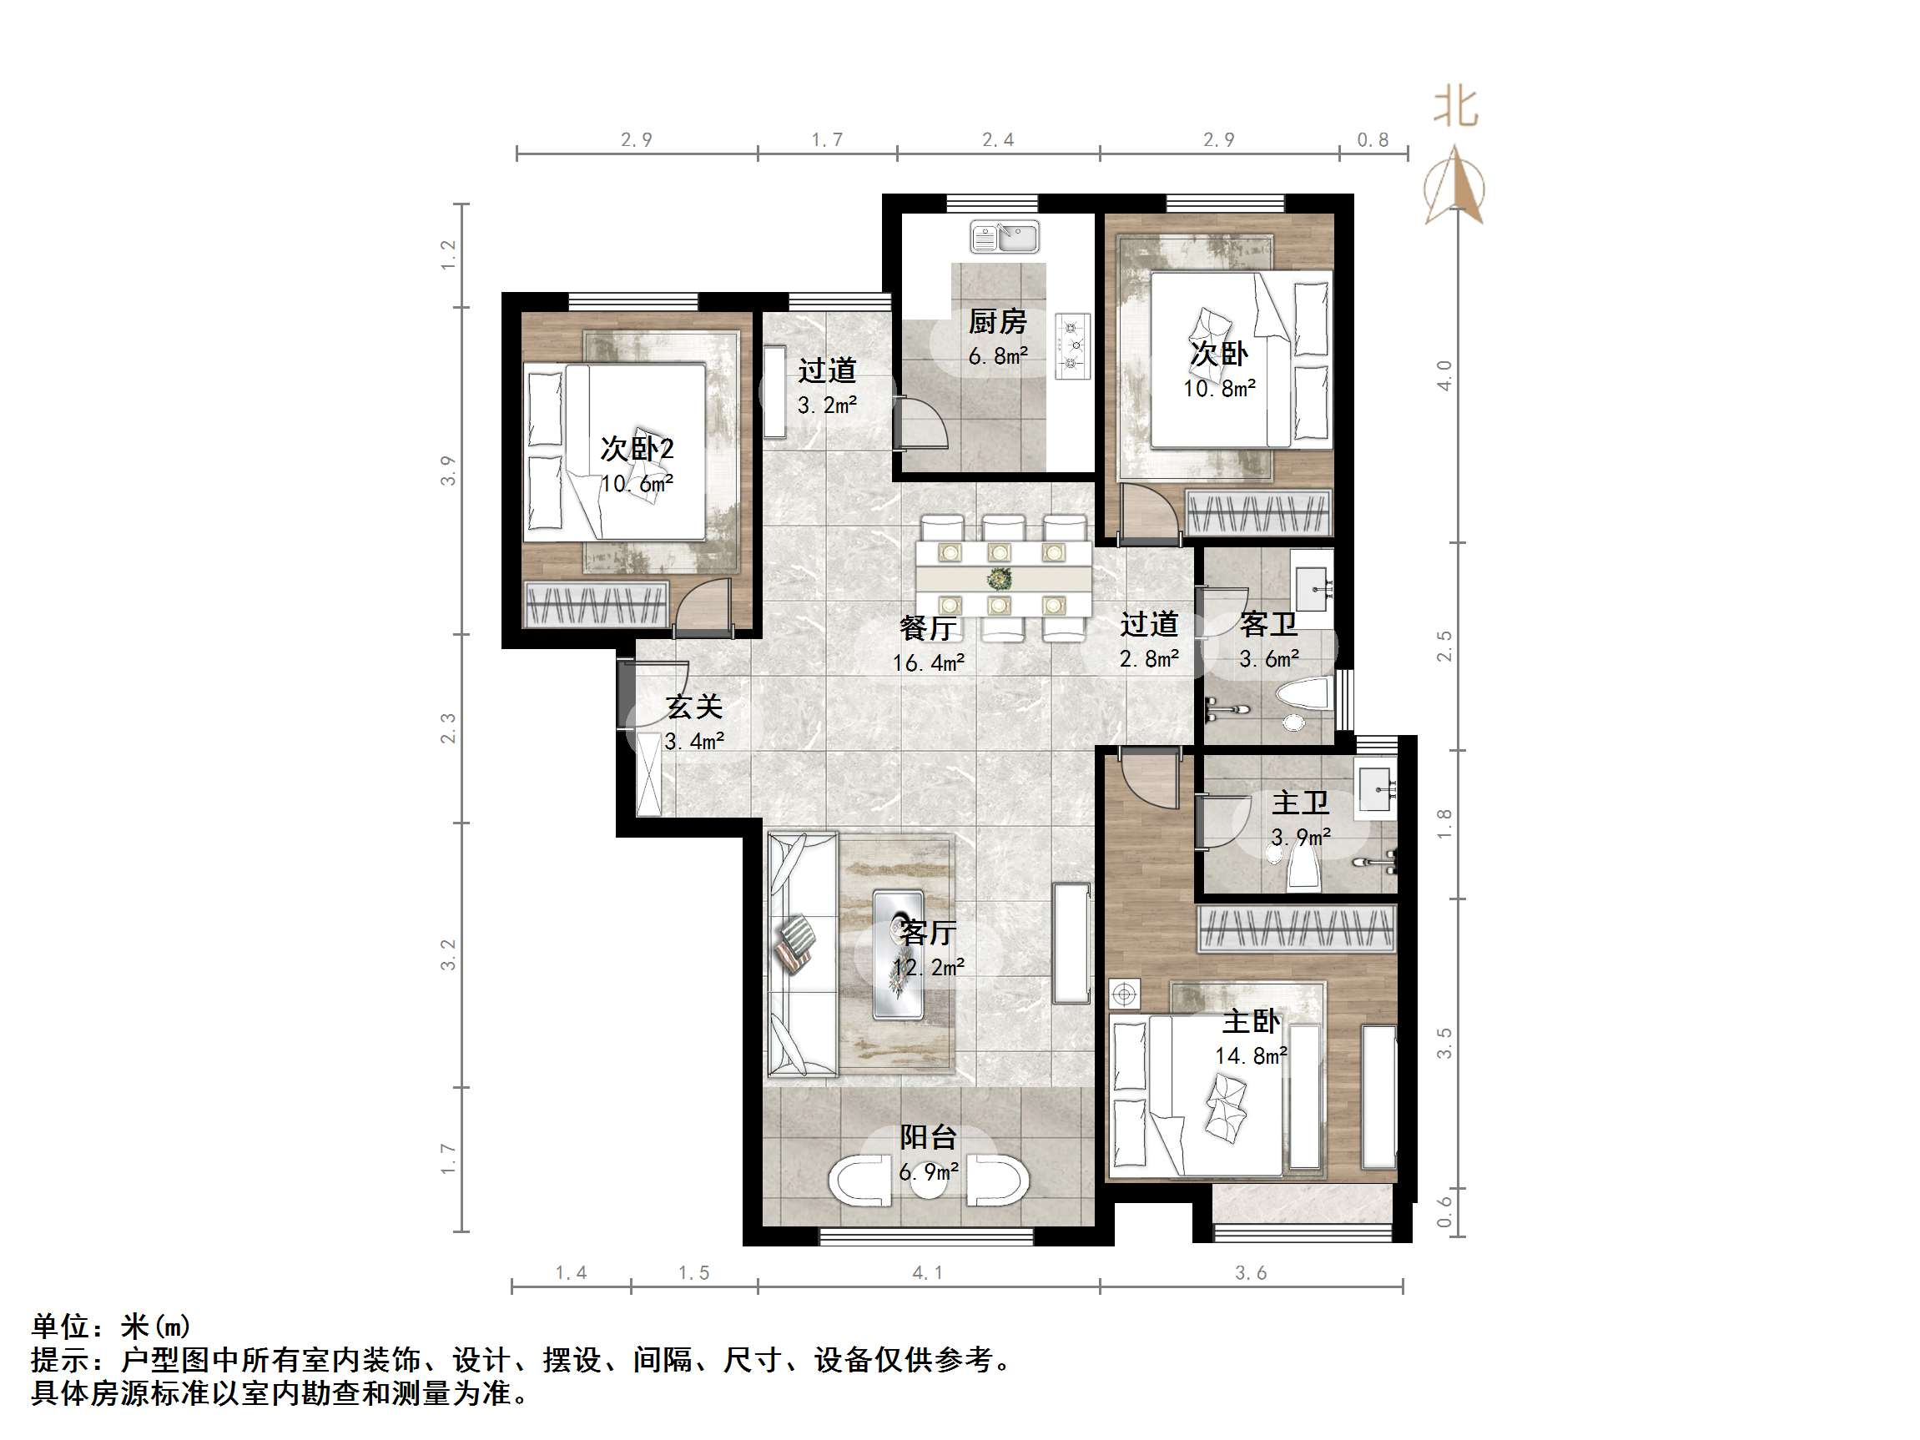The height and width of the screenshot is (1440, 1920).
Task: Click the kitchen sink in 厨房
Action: pos(1005,237)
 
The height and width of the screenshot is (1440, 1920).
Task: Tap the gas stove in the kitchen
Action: pos(1072,346)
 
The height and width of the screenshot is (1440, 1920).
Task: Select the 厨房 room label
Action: pos(997,322)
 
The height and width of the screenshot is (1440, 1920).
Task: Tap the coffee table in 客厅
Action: pos(899,954)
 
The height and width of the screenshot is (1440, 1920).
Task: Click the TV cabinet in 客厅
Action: pos(1071,944)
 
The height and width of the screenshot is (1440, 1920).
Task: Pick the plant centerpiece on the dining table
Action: pos(1000,577)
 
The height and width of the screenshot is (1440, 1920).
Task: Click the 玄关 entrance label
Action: pos(694,707)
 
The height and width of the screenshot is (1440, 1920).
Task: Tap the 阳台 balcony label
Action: pos(928,1137)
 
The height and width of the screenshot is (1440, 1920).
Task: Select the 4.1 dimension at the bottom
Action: pos(927,1272)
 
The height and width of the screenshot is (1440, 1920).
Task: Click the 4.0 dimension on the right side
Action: pos(1444,375)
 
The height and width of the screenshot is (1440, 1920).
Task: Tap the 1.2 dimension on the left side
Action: pos(448,254)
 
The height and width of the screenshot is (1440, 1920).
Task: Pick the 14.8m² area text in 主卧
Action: pos(1250,1056)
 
